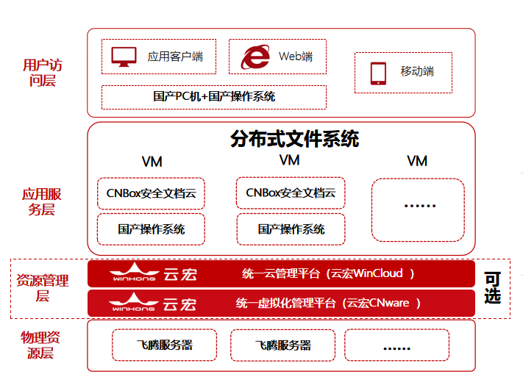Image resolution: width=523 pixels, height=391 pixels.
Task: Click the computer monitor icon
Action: tap(124, 57)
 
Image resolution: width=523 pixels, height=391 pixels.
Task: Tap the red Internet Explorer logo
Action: tap(255, 57)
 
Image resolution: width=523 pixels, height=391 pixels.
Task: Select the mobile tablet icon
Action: tap(378, 73)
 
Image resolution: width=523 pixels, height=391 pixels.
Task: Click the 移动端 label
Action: tap(417, 71)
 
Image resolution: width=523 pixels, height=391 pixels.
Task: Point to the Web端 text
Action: tap(296, 57)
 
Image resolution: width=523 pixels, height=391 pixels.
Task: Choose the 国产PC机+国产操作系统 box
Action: tap(214, 97)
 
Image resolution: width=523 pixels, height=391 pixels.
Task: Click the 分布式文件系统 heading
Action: tap(294, 139)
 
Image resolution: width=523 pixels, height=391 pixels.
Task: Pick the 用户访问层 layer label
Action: tap(43, 73)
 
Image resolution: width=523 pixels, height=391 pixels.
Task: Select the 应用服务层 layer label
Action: tap(42, 201)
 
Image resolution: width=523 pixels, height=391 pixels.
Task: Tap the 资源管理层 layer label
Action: tap(43, 287)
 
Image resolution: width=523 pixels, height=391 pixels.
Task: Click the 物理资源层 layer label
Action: tap(40, 345)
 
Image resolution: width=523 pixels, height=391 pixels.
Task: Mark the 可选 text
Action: tap(492, 287)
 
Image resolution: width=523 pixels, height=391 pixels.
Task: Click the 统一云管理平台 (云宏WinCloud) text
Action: tap(328, 273)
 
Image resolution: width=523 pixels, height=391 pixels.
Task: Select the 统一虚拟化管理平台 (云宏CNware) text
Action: tap(328, 304)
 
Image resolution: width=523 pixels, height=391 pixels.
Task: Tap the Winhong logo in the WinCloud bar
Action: tap(153, 273)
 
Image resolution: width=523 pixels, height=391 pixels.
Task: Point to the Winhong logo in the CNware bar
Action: tap(152, 303)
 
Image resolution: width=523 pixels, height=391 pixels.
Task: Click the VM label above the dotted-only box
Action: tap(417, 162)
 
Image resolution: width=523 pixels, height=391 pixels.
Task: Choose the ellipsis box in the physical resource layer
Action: tap(396, 345)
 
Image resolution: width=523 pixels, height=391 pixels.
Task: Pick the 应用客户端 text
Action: tap(175, 57)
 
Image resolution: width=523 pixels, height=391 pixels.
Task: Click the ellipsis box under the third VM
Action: tap(418, 210)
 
